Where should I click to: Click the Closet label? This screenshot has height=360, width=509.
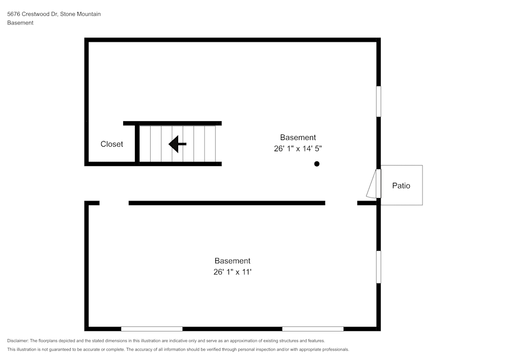pos(111,144)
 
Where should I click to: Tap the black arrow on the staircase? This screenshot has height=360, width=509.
pos(177,144)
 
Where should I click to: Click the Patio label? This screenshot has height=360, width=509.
pos(401,186)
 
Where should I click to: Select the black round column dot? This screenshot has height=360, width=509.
pos(317,164)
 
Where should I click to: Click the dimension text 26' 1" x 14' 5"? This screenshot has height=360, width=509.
pos(298,149)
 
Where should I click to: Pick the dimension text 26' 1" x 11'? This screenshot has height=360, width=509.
pos(233,272)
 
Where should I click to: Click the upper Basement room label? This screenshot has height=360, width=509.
pos(298,137)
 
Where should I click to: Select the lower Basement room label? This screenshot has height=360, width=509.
pos(232,261)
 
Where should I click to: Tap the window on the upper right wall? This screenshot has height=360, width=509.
pos(378,101)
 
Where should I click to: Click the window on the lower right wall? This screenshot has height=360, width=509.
pos(378,266)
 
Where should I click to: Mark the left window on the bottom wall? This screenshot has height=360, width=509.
pos(152,329)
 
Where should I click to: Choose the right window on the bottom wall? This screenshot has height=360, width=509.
pos(313,329)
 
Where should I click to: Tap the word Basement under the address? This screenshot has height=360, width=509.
pos(20,23)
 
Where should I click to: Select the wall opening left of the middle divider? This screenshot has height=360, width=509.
pos(114,203)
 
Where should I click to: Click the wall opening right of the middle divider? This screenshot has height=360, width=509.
pos(341,203)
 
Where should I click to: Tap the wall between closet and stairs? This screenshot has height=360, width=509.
pos(137,144)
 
